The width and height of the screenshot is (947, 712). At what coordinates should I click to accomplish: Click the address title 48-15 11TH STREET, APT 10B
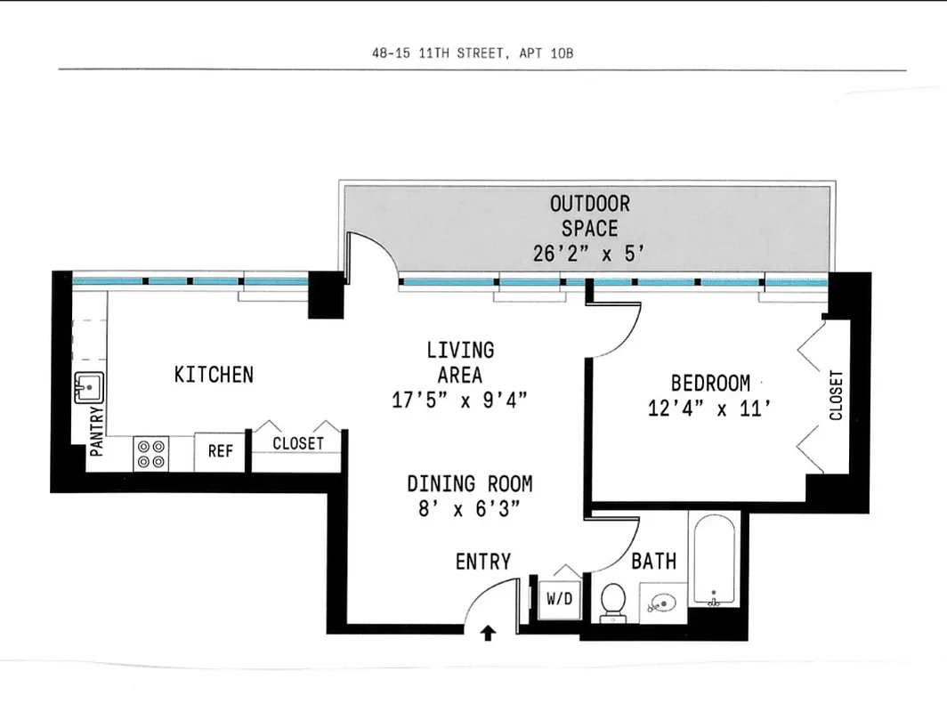tap(473, 53)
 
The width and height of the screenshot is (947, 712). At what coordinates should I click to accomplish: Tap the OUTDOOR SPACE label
tap(589, 216)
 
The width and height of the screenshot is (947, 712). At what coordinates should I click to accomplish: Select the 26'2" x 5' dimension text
tap(589, 254)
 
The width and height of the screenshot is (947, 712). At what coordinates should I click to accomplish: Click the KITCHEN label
tap(214, 375)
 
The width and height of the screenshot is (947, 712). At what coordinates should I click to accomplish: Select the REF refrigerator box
tap(221, 452)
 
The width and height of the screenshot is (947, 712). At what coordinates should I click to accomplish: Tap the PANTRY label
tap(98, 431)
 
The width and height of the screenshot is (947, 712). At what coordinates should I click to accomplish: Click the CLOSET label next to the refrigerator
tap(298, 443)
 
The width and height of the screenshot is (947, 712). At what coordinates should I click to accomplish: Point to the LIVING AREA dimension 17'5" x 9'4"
tap(460, 400)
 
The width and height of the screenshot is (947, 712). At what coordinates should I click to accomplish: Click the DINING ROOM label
tap(469, 484)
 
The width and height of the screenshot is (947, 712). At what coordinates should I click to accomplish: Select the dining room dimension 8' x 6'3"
tap(464, 509)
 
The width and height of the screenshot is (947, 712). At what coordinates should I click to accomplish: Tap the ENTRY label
tap(483, 562)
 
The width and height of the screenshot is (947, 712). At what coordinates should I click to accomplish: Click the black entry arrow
tap(488, 634)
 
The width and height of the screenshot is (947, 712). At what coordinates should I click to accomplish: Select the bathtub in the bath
tap(714, 561)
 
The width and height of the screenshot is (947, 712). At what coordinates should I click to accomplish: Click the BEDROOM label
tap(710, 384)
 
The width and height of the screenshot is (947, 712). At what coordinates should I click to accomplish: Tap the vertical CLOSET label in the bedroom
tap(836, 396)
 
